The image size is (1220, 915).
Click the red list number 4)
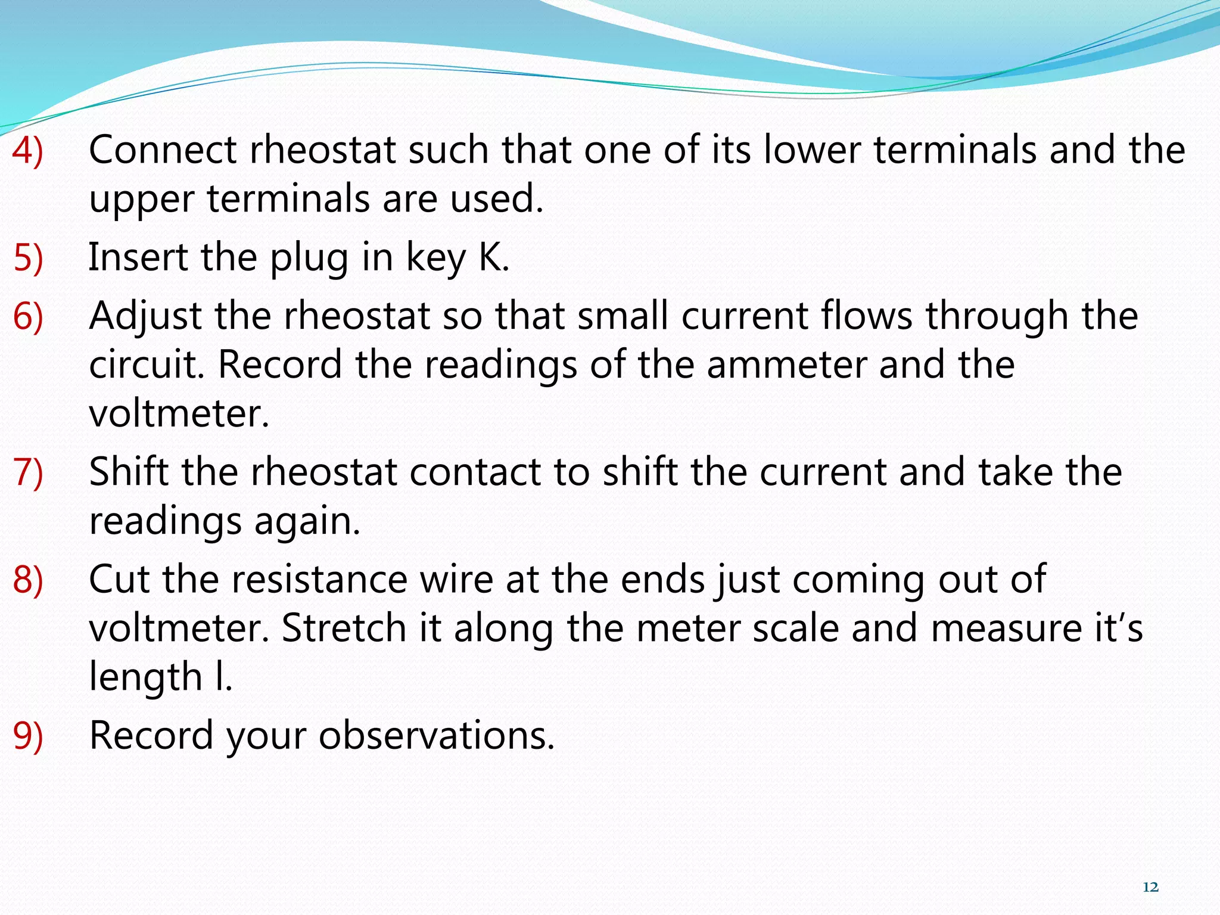tap(28, 150)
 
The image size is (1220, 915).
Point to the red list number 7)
tap(28, 472)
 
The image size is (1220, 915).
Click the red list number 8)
tap(28, 579)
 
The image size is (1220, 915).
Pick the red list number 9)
tap(28, 735)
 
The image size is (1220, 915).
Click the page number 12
tap(1151, 888)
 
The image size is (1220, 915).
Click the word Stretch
tap(343, 628)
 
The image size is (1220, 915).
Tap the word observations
tap(436, 735)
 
